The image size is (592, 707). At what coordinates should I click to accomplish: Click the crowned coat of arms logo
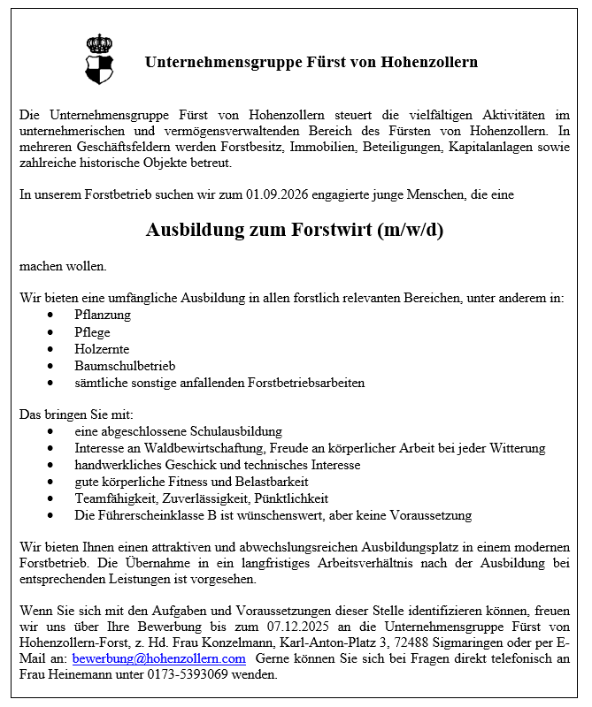pyautogui.click(x=100, y=60)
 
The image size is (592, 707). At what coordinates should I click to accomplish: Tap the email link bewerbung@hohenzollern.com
pyautogui.click(x=158, y=658)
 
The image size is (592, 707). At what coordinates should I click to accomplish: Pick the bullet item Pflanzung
pyautogui.click(x=103, y=315)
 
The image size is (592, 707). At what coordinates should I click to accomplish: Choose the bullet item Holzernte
pyautogui.click(x=102, y=349)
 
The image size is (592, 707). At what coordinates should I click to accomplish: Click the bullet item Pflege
pyautogui.click(x=92, y=331)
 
